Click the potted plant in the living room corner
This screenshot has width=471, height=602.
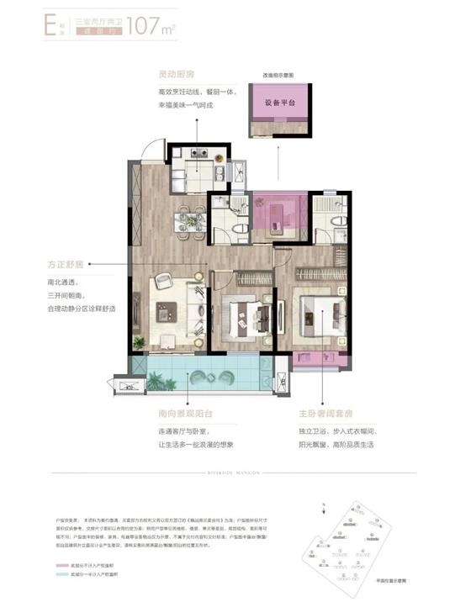140,341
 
